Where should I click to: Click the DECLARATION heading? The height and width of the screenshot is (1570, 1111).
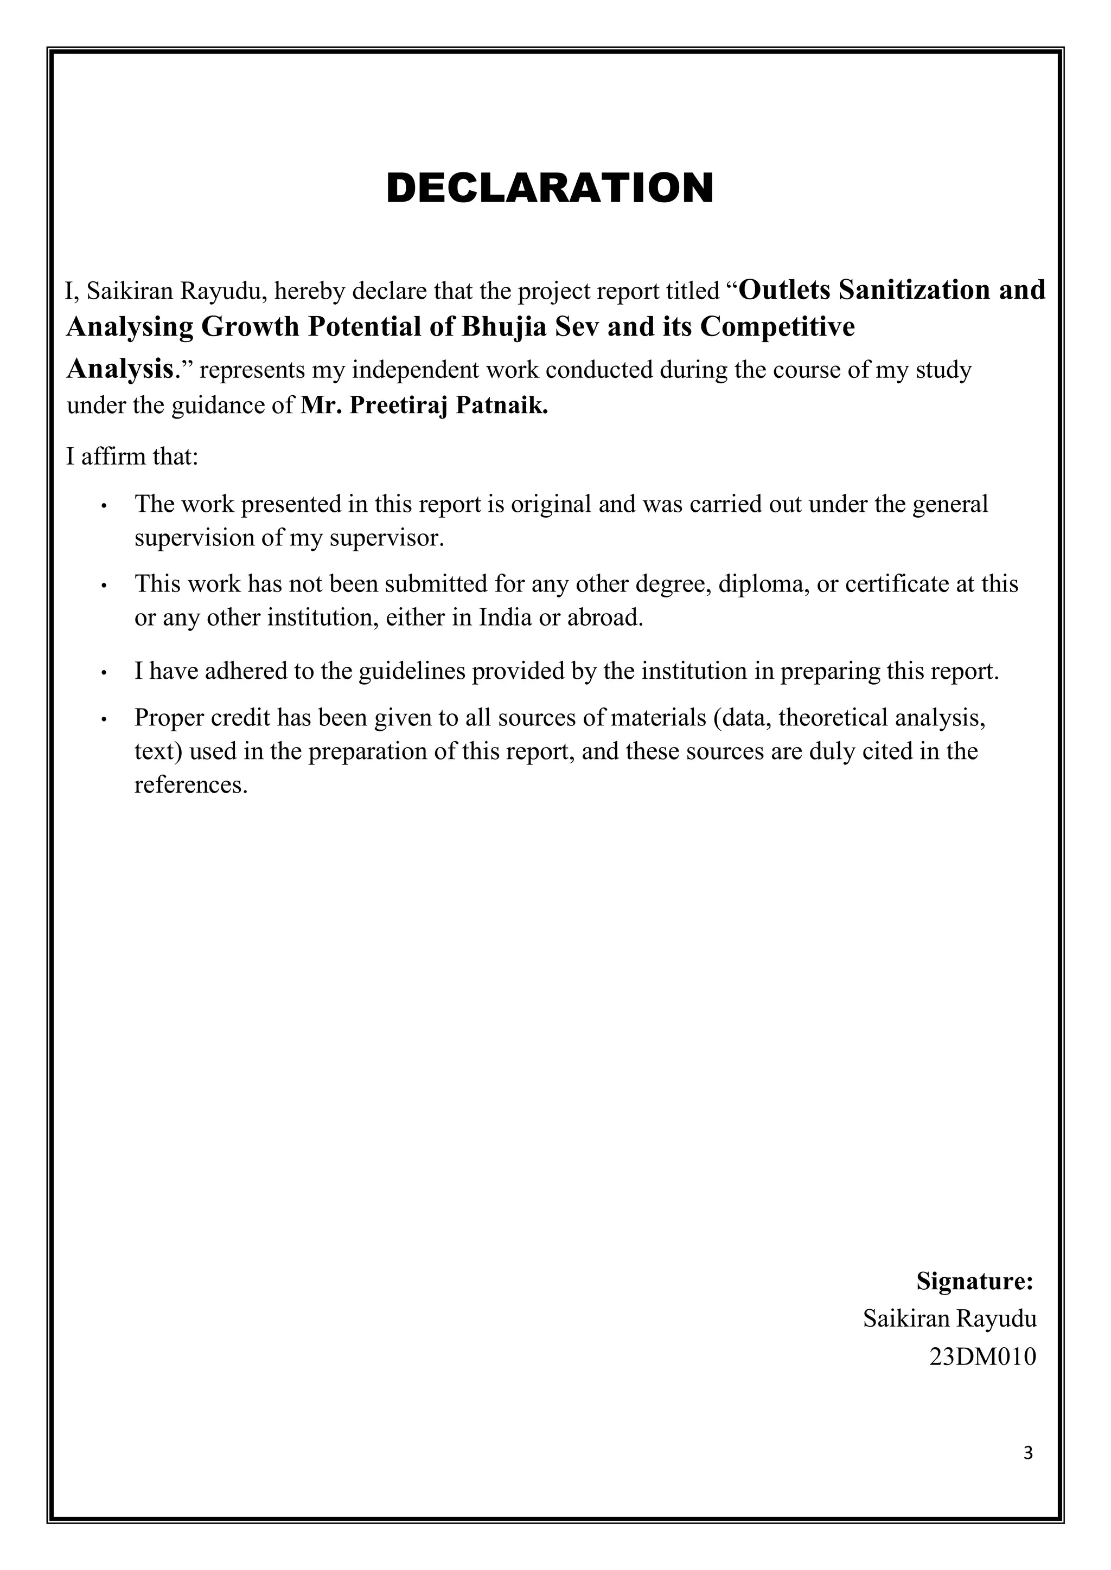click(x=550, y=188)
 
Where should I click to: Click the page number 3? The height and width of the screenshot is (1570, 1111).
click(x=1027, y=1472)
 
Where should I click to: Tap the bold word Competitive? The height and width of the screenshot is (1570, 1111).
click(x=778, y=327)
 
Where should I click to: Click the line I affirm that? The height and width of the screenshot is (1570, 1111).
click(x=132, y=456)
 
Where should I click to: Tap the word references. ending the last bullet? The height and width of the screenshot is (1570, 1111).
click(x=190, y=785)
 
